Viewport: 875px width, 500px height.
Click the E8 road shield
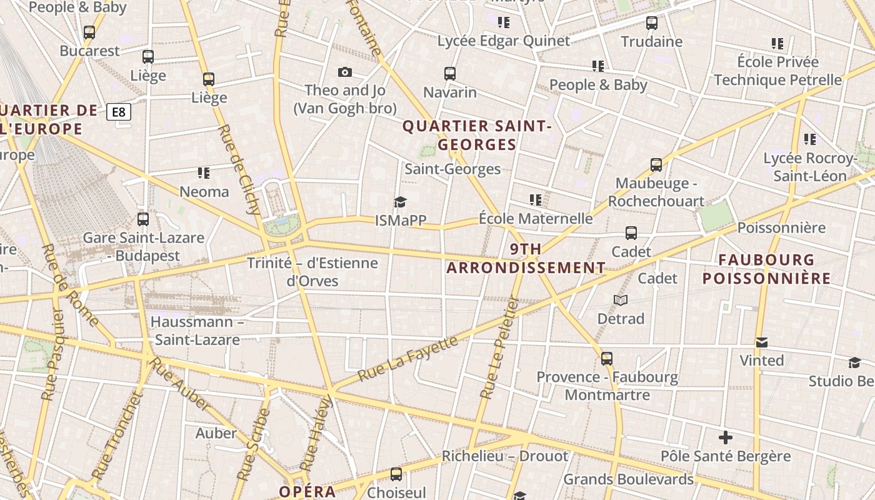[119, 112]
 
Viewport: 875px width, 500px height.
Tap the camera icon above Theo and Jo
[344, 72]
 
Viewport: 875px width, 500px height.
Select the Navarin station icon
[450, 74]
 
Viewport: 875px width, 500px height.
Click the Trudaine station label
[651, 42]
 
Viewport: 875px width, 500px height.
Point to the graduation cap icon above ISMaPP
[400, 202]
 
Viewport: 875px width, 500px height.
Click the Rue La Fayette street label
[408, 359]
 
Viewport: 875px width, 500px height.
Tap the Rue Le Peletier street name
[500, 347]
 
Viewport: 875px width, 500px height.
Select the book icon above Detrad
[621, 301]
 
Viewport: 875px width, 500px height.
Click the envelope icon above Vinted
[761, 342]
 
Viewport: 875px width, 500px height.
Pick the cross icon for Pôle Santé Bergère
[725, 437]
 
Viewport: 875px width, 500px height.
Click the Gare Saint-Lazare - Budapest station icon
[143, 219]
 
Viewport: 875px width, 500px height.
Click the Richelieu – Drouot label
[505, 456]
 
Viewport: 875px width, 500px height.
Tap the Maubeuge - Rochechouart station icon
[656, 165]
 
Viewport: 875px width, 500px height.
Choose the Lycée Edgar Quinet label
[504, 41]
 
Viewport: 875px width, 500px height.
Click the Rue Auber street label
[180, 384]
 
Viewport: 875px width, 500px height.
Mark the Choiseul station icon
[396, 474]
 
